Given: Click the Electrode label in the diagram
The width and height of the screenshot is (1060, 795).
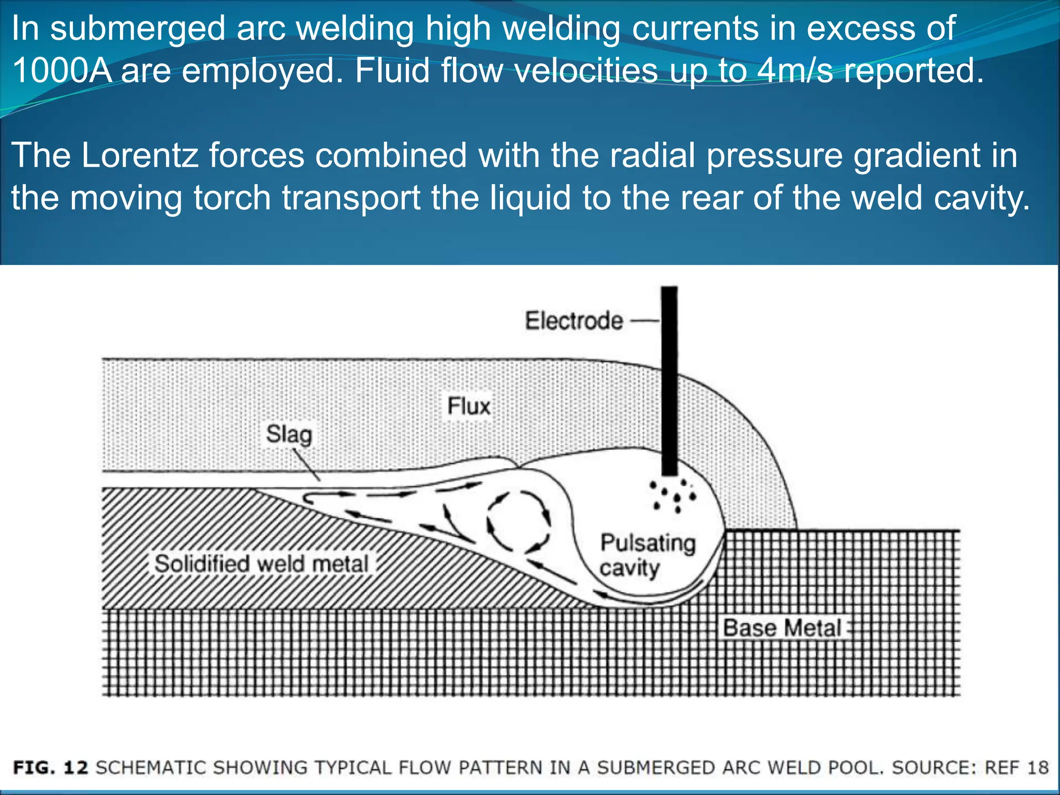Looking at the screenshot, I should pos(574,321).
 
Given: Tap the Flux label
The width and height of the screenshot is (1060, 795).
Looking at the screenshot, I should pos(468,406).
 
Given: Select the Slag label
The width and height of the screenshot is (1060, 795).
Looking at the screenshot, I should pos(289,434).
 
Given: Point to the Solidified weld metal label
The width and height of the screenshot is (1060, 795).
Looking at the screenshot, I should pos(261,564).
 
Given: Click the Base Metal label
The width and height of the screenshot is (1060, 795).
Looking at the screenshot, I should pos(782,628).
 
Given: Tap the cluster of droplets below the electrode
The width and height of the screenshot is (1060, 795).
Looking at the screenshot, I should pos(673,496).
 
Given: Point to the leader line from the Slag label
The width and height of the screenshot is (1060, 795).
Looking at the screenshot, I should pos(306,465).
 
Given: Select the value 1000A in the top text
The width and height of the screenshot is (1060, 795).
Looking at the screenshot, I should pos(62,70).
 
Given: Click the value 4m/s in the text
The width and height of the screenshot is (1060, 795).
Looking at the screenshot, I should pos(794,70).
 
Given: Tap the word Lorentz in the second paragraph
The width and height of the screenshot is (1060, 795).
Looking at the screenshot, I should pos(140,155).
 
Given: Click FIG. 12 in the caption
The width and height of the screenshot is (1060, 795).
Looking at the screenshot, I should pos(51,767).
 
